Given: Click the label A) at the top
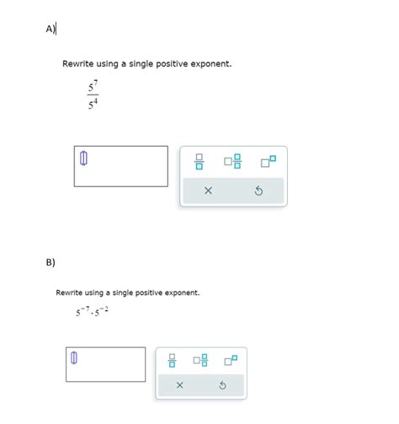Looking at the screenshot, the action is pyautogui.click(x=51, y=29).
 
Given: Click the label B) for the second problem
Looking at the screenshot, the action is pyautogui.click(x=51, y=262).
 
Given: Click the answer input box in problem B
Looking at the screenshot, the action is pyautogui.click(x=105, y=363).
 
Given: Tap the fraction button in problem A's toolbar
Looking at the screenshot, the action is pyautogui.click(x=199, y=161).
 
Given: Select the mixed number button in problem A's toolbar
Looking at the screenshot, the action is pyautogui.click(x=233, y=161).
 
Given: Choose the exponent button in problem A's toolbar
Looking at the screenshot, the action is pyautogui.click(x=268, y=160).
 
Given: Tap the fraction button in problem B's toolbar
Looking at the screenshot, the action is pyautogui.click(x=173, y=361).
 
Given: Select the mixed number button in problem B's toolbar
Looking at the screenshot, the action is pyautogui.click(x=200, y=361).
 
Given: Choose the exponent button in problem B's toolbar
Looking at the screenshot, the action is pyautogui.click(x=231, y=360).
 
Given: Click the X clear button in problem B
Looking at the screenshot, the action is pyautogui.click(x=179, y=385).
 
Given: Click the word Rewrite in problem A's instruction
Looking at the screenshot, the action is pyautogui.click(x=78, y=64).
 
